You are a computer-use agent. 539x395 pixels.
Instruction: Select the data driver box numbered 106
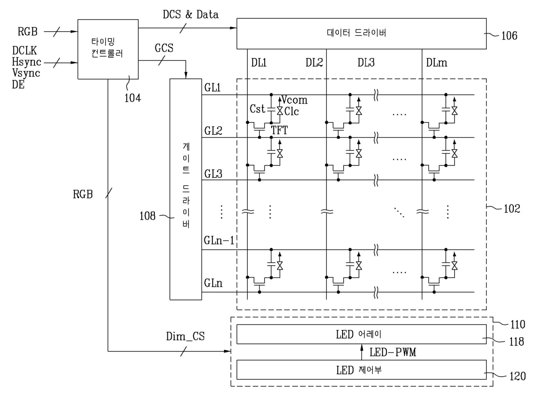click(x=361, y=33)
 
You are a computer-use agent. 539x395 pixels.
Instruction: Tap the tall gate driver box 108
click(x=186, y=189)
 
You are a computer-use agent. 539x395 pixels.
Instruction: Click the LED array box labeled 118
click(x=361, y=335)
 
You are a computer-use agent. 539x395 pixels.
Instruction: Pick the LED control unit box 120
click(x=361, y=371)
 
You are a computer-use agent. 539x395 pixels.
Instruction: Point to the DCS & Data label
click(x=190, y=14)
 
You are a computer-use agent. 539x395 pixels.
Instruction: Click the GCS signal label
click(x=164, y=48)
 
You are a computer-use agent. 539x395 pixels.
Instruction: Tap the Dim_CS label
click(x=185, y=336)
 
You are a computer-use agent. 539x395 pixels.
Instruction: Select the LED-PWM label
click(x=393, y=352)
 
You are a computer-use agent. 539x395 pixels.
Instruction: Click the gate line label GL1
click(x=213, y=87)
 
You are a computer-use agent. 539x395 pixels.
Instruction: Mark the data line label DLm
click(x=436, y=63)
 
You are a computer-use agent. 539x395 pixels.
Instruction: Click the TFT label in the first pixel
click(x=279, y=130)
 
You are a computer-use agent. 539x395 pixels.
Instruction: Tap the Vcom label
click(x=294, y=100)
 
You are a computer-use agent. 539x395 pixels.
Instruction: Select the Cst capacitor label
click(x=257, y=108)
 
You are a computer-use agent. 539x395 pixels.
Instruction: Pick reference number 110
click(x=517, y=325)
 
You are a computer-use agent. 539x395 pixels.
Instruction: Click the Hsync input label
click(x=26, y=63)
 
